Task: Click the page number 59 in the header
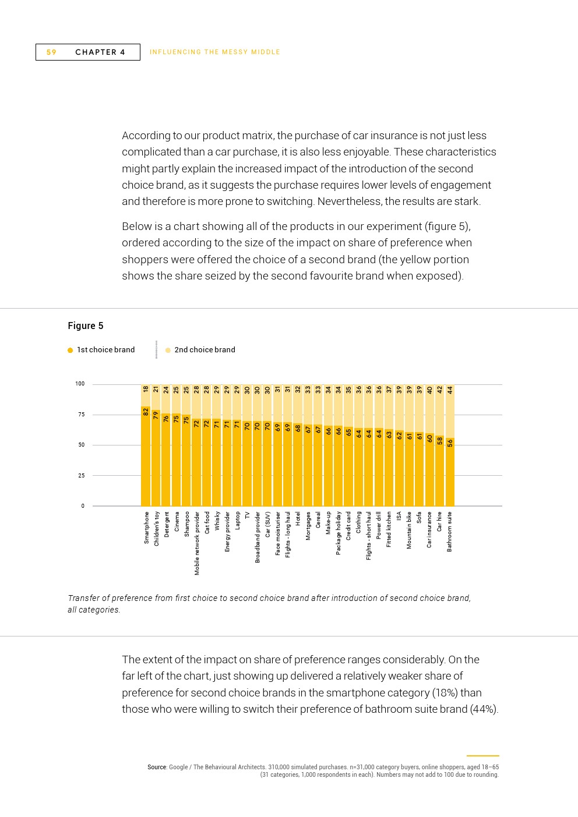click(x=52, y=52)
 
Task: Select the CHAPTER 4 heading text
click(x=100, y=52)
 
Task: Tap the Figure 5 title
click(x=86, y=326)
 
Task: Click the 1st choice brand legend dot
click(x=71, y=350)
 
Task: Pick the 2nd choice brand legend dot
click(x=168, y=350)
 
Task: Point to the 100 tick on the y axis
click(x=80, y=384)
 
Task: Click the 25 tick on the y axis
click(x=81, y=476)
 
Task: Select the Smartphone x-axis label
click(x=147, y=528)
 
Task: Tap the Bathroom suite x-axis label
click(x=450, y=532)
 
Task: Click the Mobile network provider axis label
click(x=197, y=543)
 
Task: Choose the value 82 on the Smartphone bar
click(x=146, y=411)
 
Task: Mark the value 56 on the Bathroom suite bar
click(x=450, y=443)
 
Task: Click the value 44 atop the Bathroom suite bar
click(x=450, y=390)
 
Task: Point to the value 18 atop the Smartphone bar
click(x=146, y=390)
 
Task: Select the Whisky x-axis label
click(x=217, y=521)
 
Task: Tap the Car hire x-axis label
click(x=440, y=521)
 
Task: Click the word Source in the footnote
click(x=157, y=768)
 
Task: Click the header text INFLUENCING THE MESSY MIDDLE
click(x=215, y=52)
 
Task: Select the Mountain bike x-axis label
click(x=409, y=530)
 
